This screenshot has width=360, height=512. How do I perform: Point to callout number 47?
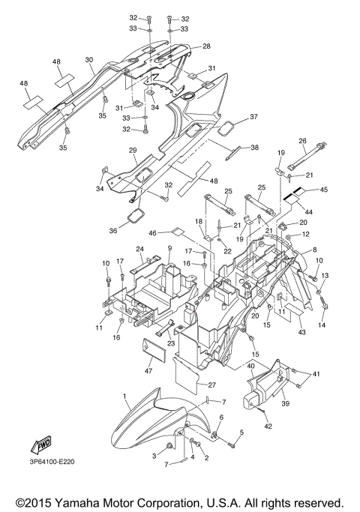pos(148,370)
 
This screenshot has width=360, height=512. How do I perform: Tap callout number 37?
pos(253,117)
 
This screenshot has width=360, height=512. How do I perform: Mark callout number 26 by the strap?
pos(303,140)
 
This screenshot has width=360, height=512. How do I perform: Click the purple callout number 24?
pos(139,249)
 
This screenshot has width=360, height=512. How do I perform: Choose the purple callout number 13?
pos(325,276)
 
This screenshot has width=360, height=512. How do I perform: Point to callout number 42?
pos(268,426)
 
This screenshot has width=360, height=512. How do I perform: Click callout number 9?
pos(169,248)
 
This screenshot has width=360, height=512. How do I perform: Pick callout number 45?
pos(323,190)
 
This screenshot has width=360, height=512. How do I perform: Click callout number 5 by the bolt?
pos(242,432)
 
